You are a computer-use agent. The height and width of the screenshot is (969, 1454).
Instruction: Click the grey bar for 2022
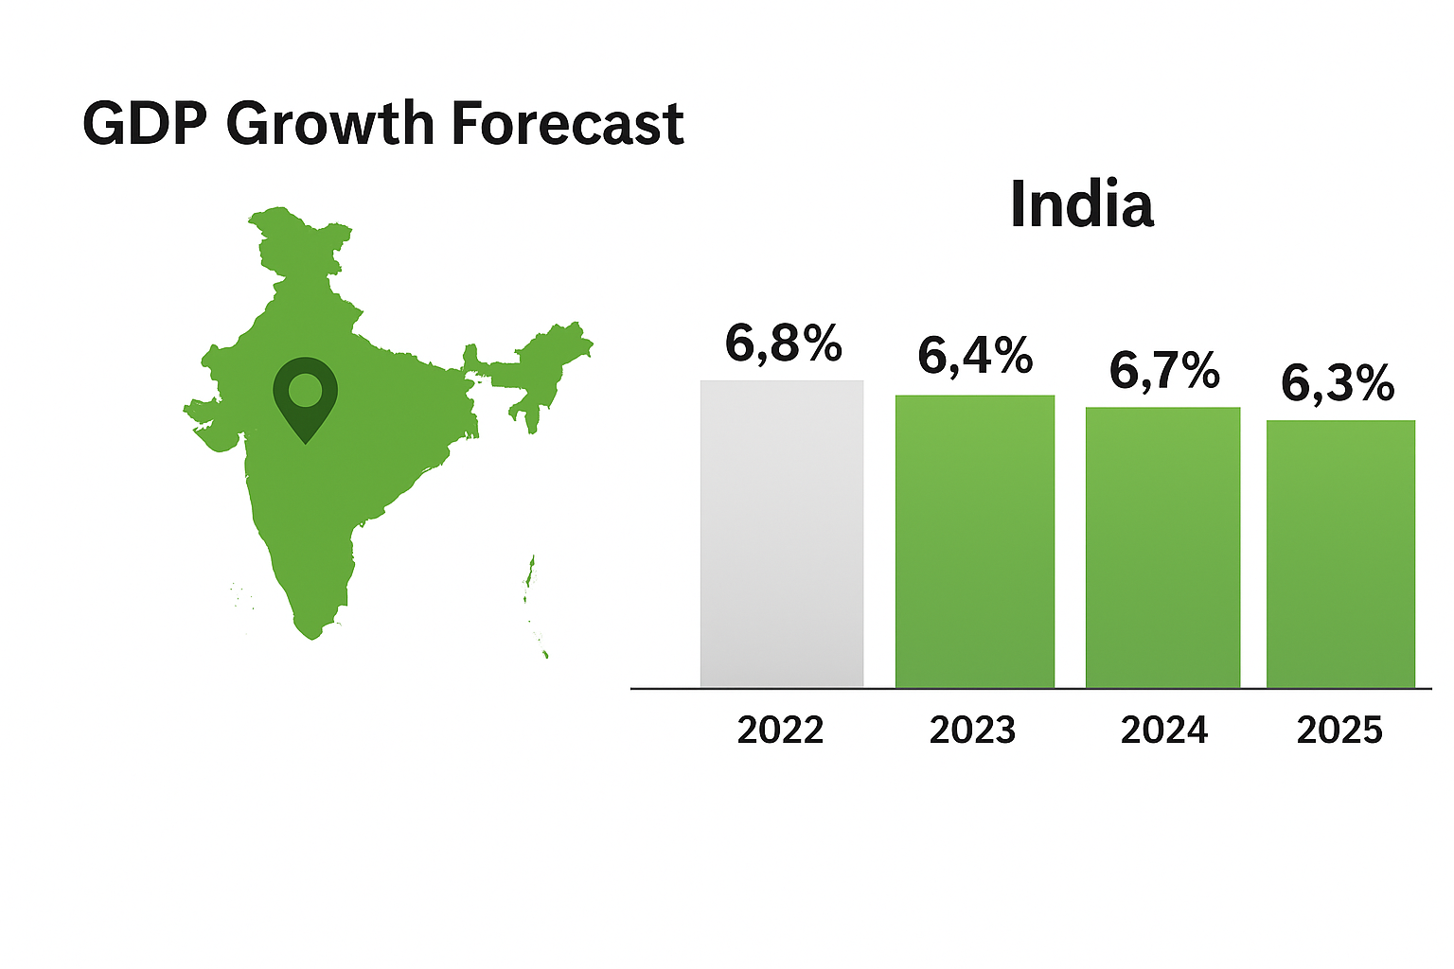782,534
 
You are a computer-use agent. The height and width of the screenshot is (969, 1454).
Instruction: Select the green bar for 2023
975,541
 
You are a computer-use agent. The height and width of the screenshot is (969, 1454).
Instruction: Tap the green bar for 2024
1162,547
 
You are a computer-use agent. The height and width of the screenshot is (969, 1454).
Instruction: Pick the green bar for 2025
1340,554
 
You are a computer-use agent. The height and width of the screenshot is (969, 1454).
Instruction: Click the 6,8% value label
783,343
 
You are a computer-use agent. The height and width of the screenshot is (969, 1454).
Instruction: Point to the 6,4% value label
975,356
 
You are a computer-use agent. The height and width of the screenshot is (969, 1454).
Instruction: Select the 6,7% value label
1164,369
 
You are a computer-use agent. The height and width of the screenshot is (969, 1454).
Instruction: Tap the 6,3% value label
1338,383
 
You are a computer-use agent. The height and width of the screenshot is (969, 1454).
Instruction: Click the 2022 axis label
780,730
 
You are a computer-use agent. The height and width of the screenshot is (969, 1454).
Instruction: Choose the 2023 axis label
972,730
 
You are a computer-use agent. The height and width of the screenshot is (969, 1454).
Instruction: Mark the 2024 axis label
1163,730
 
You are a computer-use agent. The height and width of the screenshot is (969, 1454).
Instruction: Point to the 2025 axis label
1339,730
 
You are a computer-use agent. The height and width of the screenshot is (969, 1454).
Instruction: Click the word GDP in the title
144,124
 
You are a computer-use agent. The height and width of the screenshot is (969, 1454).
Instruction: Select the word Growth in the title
330,124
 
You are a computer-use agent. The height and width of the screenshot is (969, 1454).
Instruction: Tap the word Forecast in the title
567,124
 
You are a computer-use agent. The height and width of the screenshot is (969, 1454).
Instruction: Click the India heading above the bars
1081,203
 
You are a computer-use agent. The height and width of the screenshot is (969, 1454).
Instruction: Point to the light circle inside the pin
305,389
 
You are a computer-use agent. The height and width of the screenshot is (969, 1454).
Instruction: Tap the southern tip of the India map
311,632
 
